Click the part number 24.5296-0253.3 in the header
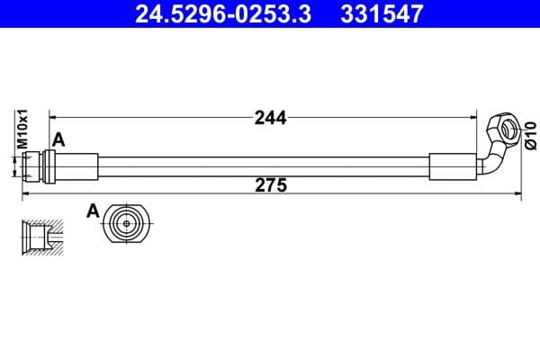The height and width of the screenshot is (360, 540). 223,14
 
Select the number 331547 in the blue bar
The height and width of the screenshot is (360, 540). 382,14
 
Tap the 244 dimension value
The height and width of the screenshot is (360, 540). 270,118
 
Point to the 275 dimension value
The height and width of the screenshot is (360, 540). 271,185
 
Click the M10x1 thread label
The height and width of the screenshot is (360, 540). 22,129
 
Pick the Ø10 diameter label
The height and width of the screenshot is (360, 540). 531,135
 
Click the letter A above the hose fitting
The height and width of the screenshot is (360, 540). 58,140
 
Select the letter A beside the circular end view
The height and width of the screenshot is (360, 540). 93,211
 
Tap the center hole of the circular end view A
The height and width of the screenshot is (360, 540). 127,223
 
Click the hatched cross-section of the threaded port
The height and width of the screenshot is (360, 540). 42,238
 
